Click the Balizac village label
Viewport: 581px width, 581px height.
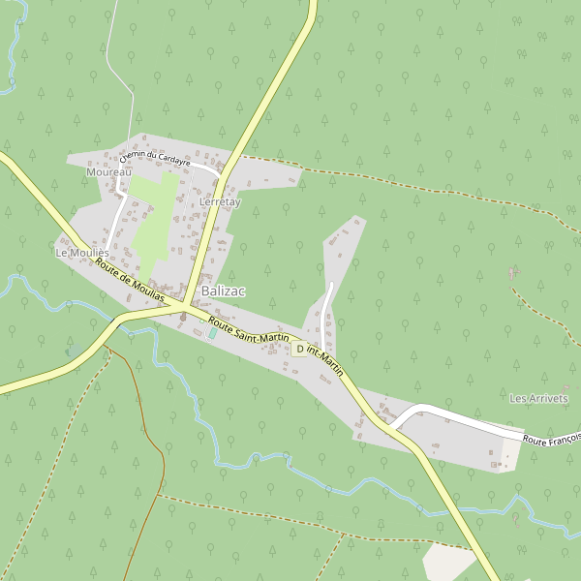click(223, 290)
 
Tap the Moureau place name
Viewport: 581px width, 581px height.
click(107, 171)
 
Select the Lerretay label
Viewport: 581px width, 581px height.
click(219, 202)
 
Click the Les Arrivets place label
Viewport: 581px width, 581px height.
click(538, 398)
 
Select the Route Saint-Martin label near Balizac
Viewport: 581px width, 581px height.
click(248, 328)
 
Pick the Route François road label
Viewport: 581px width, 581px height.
click(551, 438)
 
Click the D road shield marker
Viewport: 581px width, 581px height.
click(300, 349)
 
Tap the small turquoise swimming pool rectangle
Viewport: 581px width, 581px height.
click(212, 334)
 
